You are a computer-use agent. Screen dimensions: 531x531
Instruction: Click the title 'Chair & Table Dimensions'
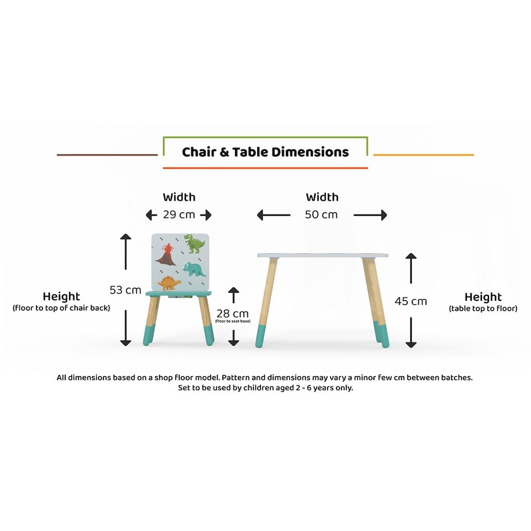point(265,152)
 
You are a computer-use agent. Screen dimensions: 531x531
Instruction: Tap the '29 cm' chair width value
point(178,215)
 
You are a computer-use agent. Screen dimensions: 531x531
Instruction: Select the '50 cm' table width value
point(321,215)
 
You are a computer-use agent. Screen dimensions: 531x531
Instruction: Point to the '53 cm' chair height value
point(125,290)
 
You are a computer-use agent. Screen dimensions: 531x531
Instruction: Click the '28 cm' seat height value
point(232,314)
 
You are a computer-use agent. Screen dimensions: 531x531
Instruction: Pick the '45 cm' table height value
point(410,301)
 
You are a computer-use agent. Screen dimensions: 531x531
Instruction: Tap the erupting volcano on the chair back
point(166,256)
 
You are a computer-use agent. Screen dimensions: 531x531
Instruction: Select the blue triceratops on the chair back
point(194,269)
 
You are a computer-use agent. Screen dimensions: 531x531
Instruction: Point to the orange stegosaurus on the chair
point(169,283)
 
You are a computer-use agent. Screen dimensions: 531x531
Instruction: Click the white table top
point(322,256)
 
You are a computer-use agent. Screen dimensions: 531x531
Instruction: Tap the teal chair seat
point(179,293)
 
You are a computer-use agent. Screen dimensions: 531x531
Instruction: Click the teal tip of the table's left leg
point(260,337)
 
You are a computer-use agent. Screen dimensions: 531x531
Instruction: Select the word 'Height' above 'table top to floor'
point(483,297)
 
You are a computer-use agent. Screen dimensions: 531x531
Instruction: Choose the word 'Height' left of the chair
point(61,296)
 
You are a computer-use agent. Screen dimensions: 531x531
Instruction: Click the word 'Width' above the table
point(322,197)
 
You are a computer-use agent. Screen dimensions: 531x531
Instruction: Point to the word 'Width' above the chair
point(179,197)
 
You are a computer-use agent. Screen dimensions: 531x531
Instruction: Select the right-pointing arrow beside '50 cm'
point(370,215)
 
